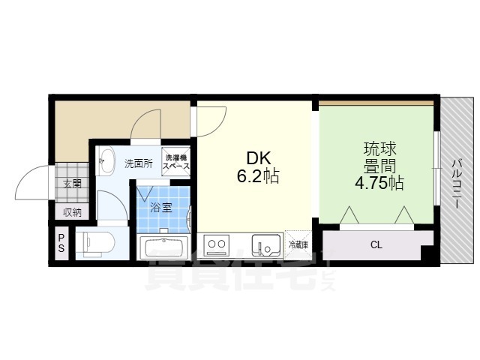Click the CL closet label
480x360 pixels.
pos(375,244)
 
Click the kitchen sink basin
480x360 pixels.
pos(264,244)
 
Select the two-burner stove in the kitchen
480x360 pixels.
pos(217,244)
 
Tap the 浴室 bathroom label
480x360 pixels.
pos(160,208)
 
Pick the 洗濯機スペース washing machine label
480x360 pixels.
pos(177,162)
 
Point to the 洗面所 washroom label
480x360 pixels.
pos(138,163)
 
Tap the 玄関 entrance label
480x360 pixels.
pos(72,183)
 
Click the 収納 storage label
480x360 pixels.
pos(72,212)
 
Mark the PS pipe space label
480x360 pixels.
pos(61,244)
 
